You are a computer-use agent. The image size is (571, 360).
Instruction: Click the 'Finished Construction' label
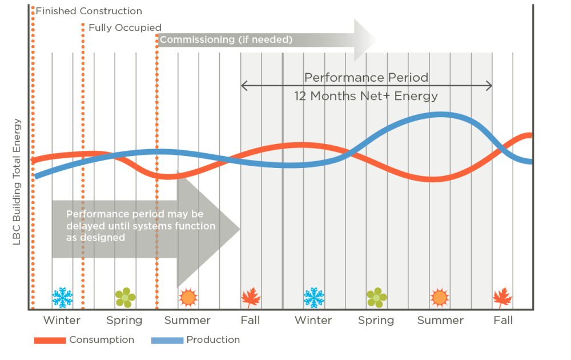pyautogui.click(x=89, y=11)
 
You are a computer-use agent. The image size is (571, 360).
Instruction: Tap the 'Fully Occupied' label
pyautogui.click(x=124, y=27)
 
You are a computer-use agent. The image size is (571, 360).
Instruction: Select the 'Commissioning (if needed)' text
pyautogui.click(x=226, y=39)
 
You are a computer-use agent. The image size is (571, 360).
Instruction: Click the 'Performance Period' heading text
pyautogui.click(x=366, y=78)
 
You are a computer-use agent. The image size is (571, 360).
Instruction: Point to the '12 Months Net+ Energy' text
pyautogui.click(x=366, y=95)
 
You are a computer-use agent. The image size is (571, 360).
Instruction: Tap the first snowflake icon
pyautogui.click(x=62, y=297)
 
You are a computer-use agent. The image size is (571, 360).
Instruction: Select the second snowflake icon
pyautogui.click(x=313, y=297)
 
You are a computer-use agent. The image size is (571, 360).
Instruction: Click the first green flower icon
pyautogui.click(x=125, y=297)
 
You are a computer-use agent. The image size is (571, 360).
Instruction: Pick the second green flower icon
pyautogui.click(x=376, y=297)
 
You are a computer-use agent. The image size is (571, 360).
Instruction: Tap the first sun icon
pyautogui.click(x=188, y=297)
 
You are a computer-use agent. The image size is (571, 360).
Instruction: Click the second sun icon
pyautogui.click(x=439, y=297)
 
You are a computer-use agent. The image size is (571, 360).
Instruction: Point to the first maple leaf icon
pyautogui.click(x=251, y=297)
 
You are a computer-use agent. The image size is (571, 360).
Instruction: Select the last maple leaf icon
pyautogui.click(x=502, y=297)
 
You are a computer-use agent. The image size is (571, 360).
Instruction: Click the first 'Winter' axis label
pyautogui.click(x=62, y=320)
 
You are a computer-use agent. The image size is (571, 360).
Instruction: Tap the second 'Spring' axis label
pyautogui.click(x=376, y=320)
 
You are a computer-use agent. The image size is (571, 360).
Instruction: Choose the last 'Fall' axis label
pyautogui.click(x=503, y=320)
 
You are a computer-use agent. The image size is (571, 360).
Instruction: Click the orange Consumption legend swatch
pyautogui.click(x=50, y=341)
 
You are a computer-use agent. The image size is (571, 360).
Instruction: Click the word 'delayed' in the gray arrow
pyautogui.click(x=85, y=226)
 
